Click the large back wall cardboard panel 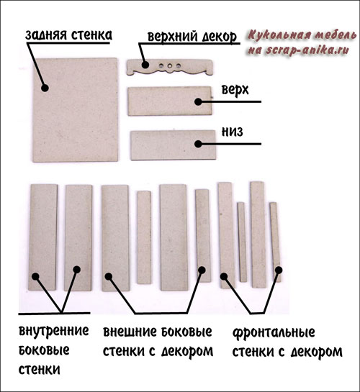(76, 110)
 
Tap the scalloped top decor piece (170, 67)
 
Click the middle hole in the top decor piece (170, 66)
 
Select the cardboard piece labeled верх (170, 101)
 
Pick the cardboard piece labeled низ (173, 145)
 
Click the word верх (235, 90)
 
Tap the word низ (232, 132)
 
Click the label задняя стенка (69, 35)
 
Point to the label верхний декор (192, 37)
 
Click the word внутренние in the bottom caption (54, 331)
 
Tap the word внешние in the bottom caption (130, 332)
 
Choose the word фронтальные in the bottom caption (274, 332)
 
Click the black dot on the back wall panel (45, 88)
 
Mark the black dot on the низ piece (198, 144)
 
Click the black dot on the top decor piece (145, 65)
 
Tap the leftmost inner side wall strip (42, 237)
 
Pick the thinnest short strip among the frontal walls (242, 242)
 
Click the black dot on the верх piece (198, 101)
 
